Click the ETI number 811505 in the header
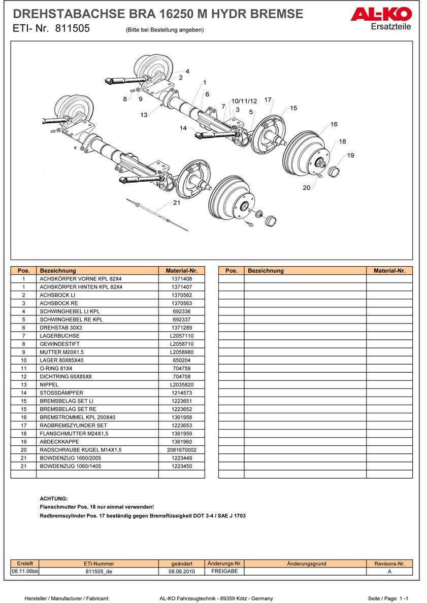(x=72, y=29)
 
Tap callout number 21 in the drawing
(x=177, y=203)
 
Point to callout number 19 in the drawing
(x=351, y=155)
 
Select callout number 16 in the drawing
(x=334, y=124)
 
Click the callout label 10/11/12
(x=244, y=101)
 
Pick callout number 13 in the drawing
(x=144, y=115)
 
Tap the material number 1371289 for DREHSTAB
(x=181, y=328)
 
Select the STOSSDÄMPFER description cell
(x=61, y=393)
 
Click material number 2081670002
(x=181, y=449)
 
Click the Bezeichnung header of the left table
(x=58, y=271)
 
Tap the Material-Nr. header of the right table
(x=389, y=271)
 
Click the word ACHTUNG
(x=53, y=499)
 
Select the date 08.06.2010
(x=182, y=571)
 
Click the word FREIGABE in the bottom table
(x=224, y=571)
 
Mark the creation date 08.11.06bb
(x=25, y=571)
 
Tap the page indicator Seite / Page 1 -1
(x=388, y=598)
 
